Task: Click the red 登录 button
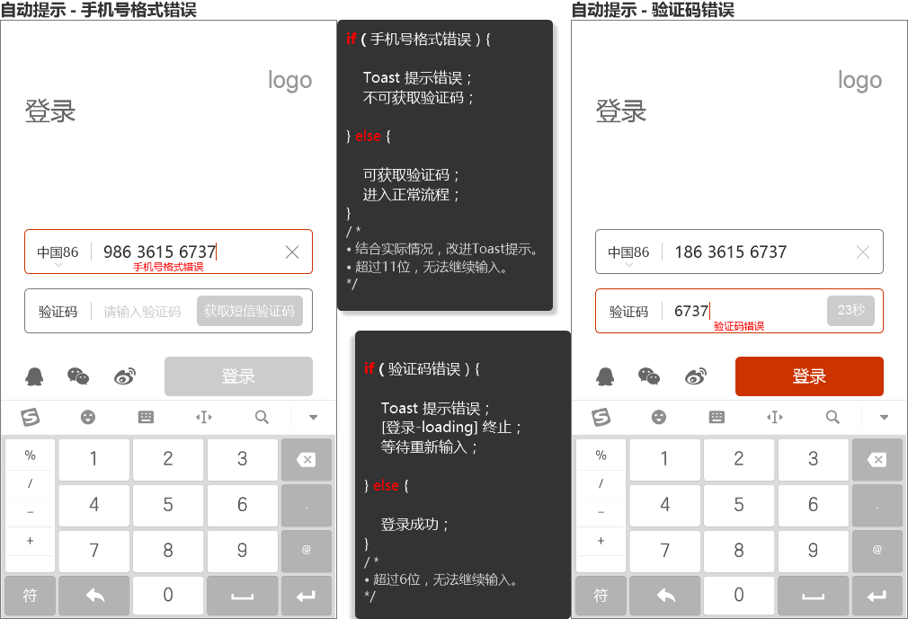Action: point(809,376)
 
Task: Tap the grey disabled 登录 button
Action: point(238,376)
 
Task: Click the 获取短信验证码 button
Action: point(250,311)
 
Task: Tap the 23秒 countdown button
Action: point(850,310)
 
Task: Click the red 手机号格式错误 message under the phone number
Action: point(168,267)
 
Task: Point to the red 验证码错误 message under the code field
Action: point(739,326)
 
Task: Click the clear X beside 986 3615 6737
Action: point(292,252)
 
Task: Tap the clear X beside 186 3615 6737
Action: point(863,252)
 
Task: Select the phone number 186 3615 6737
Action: point(731,252)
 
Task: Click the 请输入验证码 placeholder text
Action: point(142,312)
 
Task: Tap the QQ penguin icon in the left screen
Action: point(35,376)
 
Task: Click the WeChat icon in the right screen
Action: point(649,376)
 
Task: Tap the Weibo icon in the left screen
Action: point(125,376)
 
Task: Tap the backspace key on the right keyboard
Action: point(877,459)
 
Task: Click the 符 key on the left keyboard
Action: point(30,595)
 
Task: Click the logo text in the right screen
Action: point(859,81)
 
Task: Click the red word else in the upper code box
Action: point(368,136)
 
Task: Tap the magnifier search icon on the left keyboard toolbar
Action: point(262,417)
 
